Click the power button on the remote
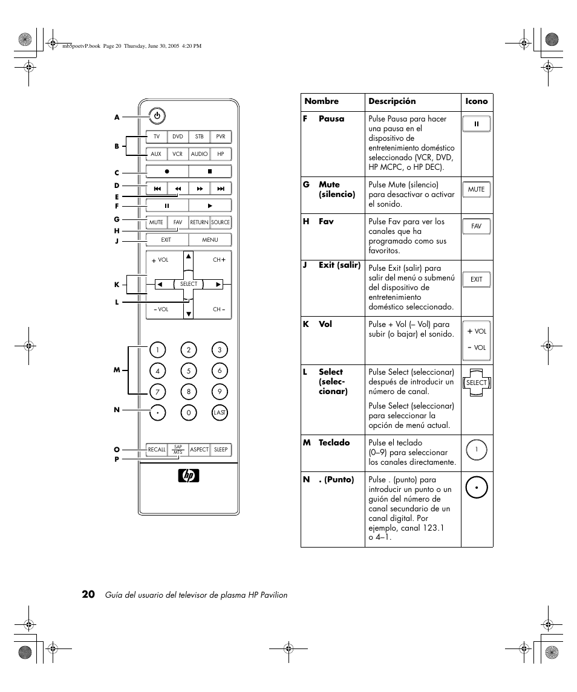pyautogui.click(x=157, y=116)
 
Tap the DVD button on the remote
pyautogui.click(x=178, y=137)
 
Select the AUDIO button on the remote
pyautogui.click(x=199, y=154)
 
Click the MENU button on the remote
pyautogui.click(x=210, y=240)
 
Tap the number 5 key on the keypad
pyautogui.click(x=189, y=370)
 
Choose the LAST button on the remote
pyautogui.click(x=220, y=413)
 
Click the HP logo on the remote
pyautogui.click(x=189, y=475)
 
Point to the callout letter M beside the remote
pyautogui.click(x=117, y=370)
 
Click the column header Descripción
pyautogui.click(x=393, y=101)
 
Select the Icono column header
pyautogui.click(x=476, y=101)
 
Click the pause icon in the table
pyautogui.click(x=476, y=124)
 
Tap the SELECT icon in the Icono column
pyautogui.click(x=476, y=383)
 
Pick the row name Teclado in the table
pyautogui.click(x=334, y=442)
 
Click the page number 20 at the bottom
pyautogui.click(x=88, y=594)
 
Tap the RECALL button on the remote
pyautogui.click(x=157, y=450)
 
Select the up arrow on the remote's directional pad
pyautogui.click(x=189, y=256)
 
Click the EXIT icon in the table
pyautogui.click(x=476, y=279)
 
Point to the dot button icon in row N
pyautogui.click(x=476, y=488)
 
